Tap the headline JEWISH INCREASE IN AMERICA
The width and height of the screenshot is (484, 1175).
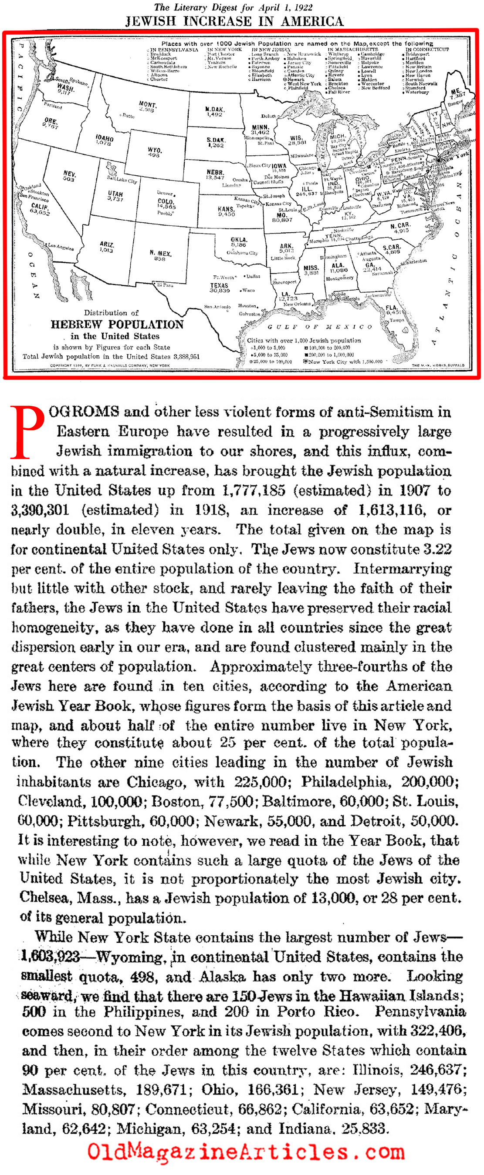point(234,21)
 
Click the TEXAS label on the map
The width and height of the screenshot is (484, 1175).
point(219,285)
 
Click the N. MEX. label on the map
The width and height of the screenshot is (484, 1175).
point(160,253)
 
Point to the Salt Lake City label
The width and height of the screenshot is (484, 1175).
point(122,180)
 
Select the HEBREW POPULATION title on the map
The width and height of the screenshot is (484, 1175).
point(117,325)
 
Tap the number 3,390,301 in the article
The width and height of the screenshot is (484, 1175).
point(40,509)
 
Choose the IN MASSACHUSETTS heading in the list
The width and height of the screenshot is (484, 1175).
point(352,49)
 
